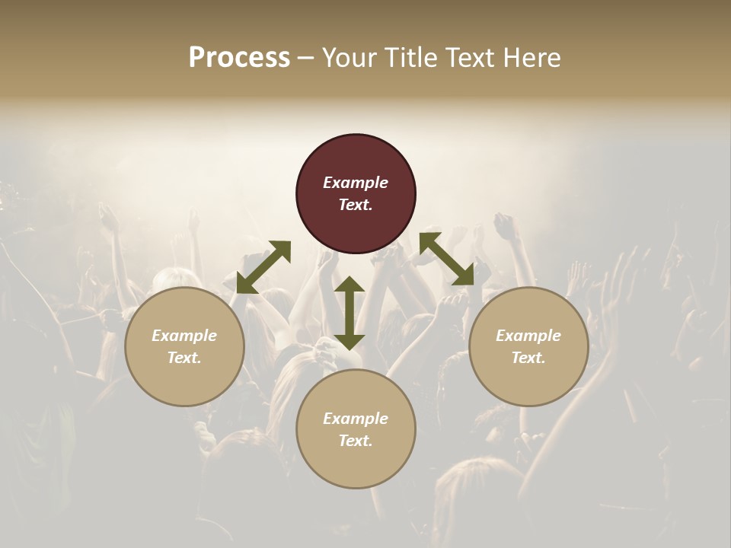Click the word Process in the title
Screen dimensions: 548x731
[x=239, y=58]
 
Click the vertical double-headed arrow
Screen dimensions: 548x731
[x=350, y=313]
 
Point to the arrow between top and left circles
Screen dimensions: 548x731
[x=263, y=267]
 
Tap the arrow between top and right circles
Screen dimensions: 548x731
[x=446, y=259]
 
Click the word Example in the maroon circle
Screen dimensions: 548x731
[x=356, y=183]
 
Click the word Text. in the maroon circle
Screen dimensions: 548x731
[x=356, y=205]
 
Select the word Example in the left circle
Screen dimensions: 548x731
[x=184, y=336]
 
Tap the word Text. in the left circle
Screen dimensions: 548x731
[x=184, y=358]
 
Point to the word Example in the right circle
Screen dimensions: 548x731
[x=528, y=336]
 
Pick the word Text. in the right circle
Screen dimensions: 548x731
[x=528, y=358]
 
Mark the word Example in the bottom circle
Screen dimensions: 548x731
[x=356, y=419]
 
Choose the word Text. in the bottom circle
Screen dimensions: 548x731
[x=356, y=441]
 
